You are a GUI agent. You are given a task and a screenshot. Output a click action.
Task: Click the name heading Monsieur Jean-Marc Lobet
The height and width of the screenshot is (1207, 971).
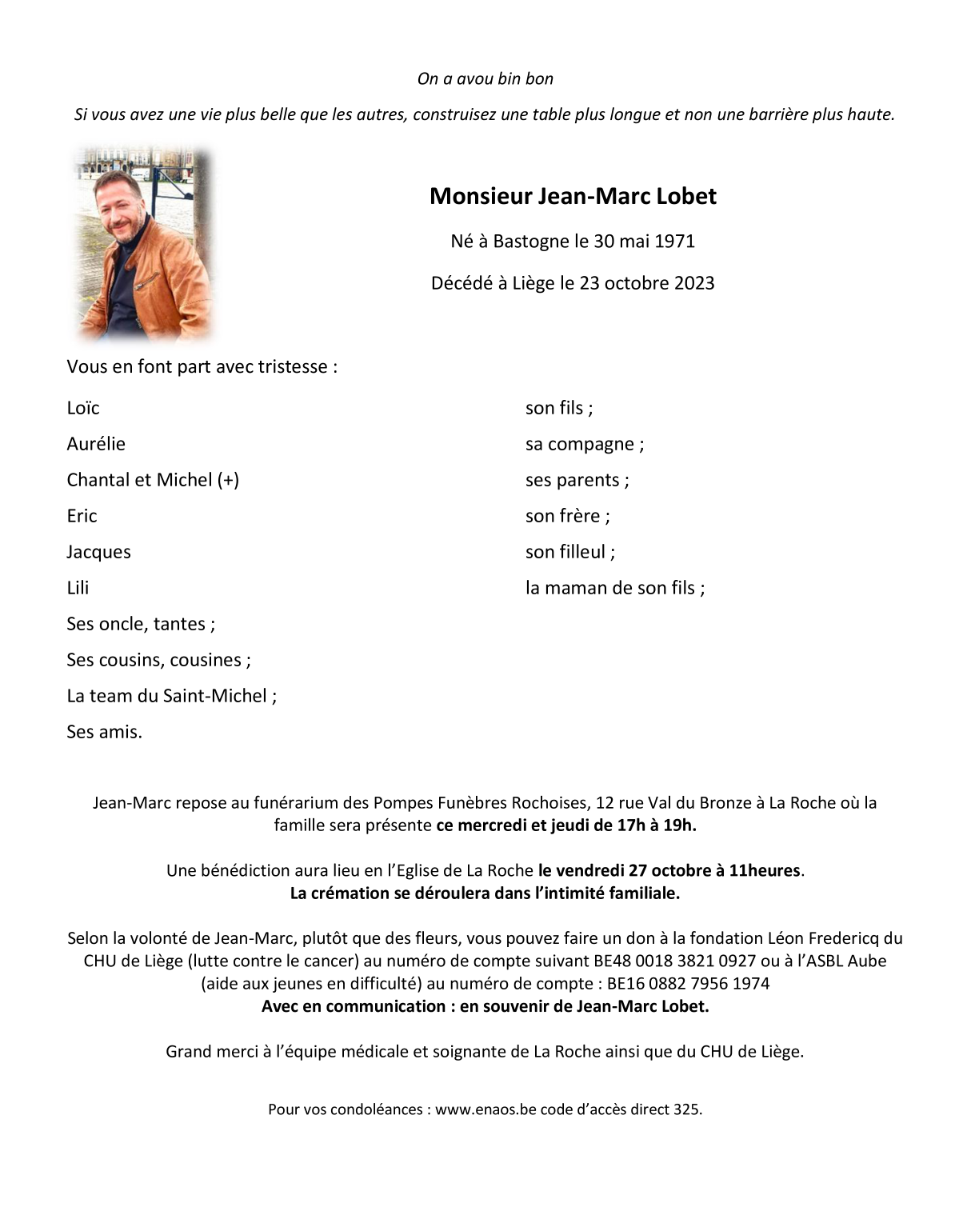573,196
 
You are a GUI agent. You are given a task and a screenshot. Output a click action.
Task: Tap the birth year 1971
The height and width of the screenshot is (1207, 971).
674,241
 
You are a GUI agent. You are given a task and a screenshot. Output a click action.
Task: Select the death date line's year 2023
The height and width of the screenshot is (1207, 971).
693,283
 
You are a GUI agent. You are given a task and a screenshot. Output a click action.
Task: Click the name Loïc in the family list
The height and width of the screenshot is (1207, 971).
83,408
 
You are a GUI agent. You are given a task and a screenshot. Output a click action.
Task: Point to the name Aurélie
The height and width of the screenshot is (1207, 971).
96,444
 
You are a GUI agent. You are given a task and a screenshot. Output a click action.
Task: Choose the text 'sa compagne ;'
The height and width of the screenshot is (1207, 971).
585,444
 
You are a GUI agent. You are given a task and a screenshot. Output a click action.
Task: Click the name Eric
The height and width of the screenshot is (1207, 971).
82,516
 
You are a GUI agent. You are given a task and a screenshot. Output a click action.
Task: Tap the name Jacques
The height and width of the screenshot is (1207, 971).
98,552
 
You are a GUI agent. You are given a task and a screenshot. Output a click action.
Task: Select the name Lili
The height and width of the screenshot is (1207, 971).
78,588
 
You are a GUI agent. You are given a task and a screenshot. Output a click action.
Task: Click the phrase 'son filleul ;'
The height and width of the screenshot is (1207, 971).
570,552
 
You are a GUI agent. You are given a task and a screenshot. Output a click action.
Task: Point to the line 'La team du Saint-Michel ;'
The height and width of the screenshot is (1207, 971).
172,696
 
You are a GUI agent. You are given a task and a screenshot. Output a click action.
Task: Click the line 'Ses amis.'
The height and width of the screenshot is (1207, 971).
105,732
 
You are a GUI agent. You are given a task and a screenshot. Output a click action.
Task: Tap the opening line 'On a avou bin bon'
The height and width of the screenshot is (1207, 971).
485,78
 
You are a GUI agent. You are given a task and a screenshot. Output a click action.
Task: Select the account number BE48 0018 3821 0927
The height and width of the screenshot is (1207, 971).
674,961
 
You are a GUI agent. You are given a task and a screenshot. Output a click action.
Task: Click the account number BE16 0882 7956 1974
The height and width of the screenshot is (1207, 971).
688,983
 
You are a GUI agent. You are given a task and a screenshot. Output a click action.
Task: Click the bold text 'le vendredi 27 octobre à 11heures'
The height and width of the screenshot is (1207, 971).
669,870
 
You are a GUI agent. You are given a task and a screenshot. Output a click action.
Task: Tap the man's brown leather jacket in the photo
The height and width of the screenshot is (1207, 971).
172,264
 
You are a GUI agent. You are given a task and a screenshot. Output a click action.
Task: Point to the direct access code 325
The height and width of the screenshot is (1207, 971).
687,1109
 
